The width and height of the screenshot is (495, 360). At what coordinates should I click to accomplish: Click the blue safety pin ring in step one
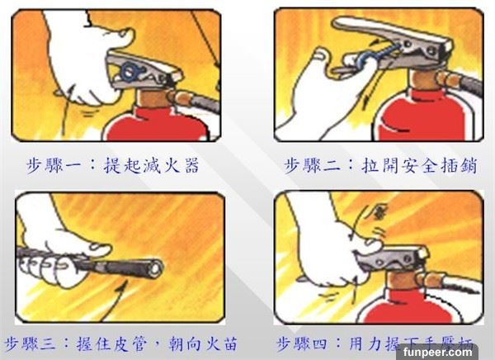tap(130, 72)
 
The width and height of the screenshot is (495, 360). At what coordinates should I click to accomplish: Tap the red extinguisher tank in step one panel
tap(156, 124)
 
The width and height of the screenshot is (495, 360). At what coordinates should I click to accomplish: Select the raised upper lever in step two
tap(391, 33)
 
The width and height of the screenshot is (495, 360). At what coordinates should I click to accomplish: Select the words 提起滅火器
tap(151, 165)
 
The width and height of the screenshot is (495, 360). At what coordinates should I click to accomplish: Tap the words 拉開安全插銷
tap(419, 165)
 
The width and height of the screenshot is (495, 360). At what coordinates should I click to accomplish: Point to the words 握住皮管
tap(111, 343)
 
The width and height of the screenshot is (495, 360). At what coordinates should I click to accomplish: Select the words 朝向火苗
tap(203, 343)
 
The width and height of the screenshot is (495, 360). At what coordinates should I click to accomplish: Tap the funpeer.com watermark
tap(437, 352)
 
